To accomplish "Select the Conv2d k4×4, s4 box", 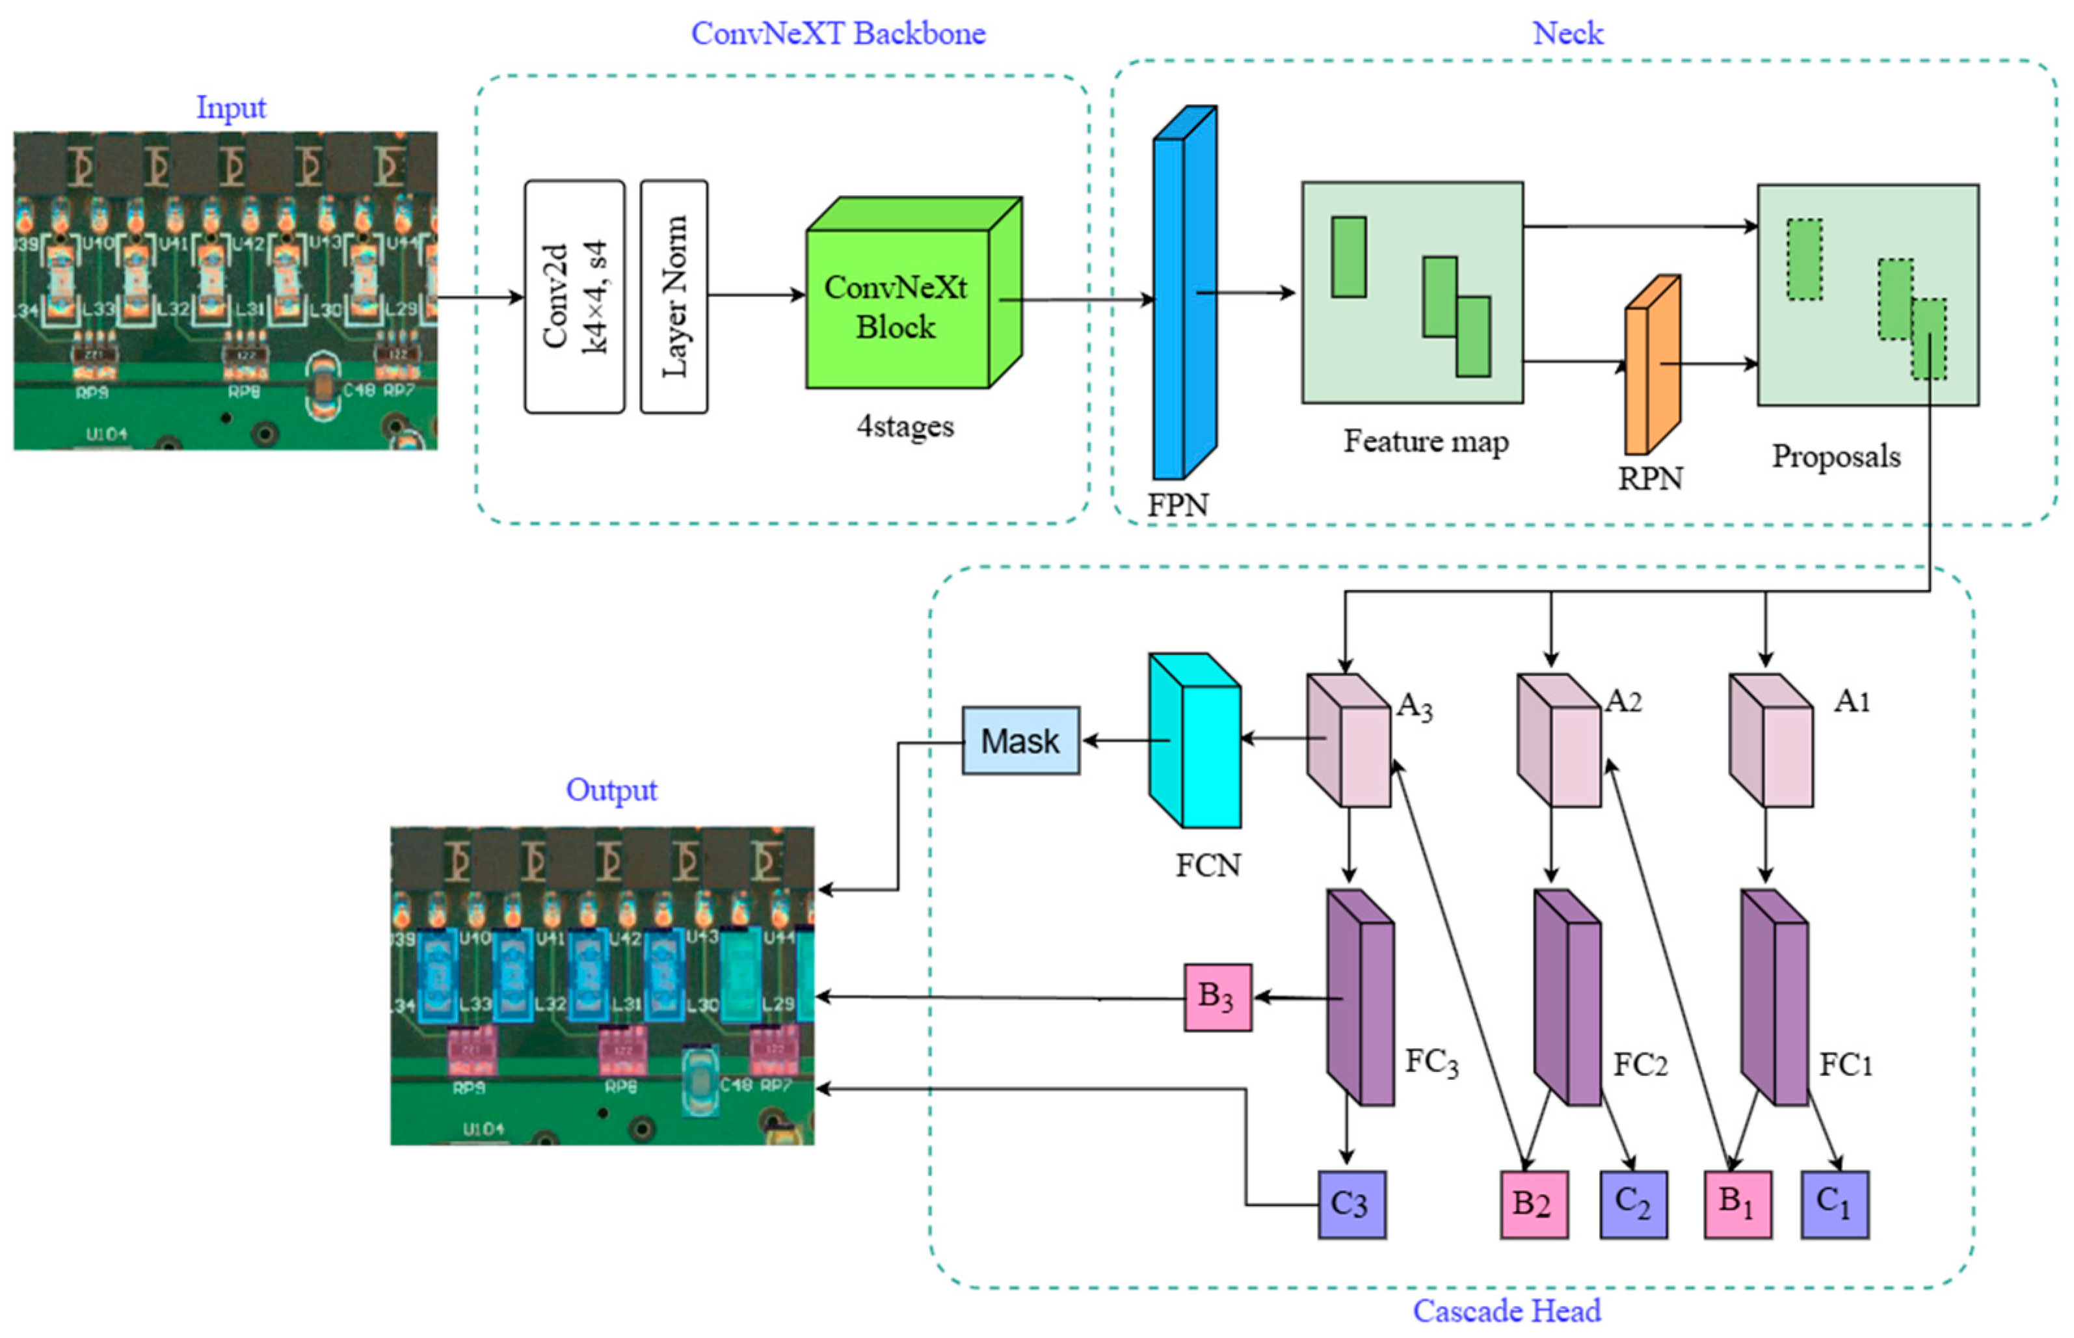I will pyautogui.click(x=574, y=296).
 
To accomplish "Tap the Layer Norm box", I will pyautogui.click(x=674, y=296).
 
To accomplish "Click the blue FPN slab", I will pyautogui.click(x=1183, y=295).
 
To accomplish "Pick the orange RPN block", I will pyautogui.click(x=1652, y=366).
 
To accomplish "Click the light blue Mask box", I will pyautogui.click(x=1020, y=741).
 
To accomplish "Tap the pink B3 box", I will pyautogui.click(x=1217, y=997).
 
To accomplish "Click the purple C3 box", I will pyautogui.click(x=1351, y=1204).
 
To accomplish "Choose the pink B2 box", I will pyautogui.click(x=1534, y=1204).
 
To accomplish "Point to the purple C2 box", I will pyautogui.click(x=1634, y=1204).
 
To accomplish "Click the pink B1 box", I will pyautogui.click(x=1737, y=1204).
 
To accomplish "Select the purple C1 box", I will pyautogui.click(x=1834, y=1204).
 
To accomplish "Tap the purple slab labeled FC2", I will pyautogui.click(x=1567, y=998).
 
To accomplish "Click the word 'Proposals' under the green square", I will pyautogui.click(x=1836, y=456).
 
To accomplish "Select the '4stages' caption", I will pyautogui.click(x=905, y=425).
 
